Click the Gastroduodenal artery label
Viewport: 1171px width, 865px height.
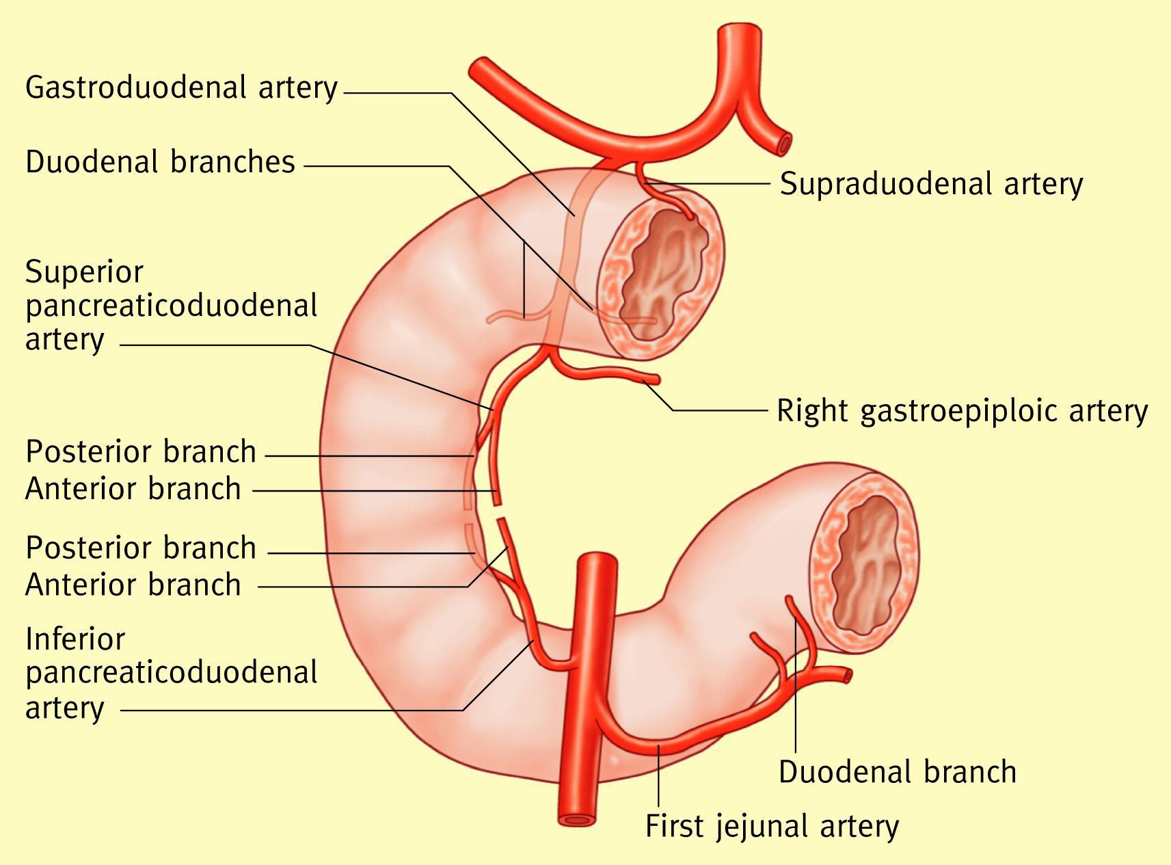[x=181, y=88]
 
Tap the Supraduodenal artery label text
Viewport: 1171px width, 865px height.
[x=931, y=184]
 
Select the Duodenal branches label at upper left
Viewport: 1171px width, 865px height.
[x=160, y=163]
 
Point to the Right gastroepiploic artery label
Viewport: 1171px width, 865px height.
[x=962, y=411]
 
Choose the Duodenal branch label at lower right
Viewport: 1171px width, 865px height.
[x=897, y=772]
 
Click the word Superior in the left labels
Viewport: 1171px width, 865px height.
[x=84, y=272]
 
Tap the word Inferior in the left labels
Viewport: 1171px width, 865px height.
[x=75, y=639]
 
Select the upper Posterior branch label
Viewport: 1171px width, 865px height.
[x=140, y=452]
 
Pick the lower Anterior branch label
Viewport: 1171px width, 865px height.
[x=133, y=585]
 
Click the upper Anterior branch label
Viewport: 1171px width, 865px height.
[x=133, y=489]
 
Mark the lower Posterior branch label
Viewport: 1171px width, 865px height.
[x=140, y=548]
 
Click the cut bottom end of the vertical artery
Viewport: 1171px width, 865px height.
[x=577, y=818]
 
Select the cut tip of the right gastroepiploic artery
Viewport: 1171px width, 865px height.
[x=656, y=379]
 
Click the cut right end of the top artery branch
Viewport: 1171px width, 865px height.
[x=785, y=144]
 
